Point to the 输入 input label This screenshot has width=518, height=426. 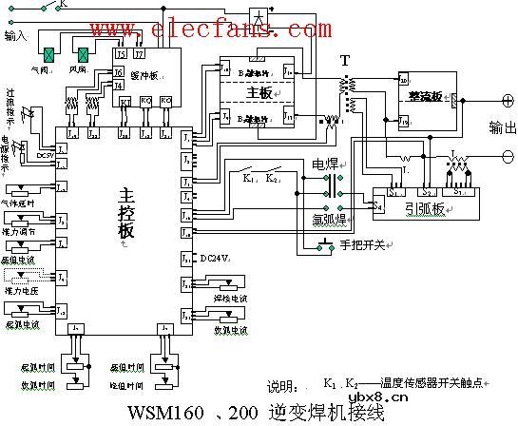point(16,35)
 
